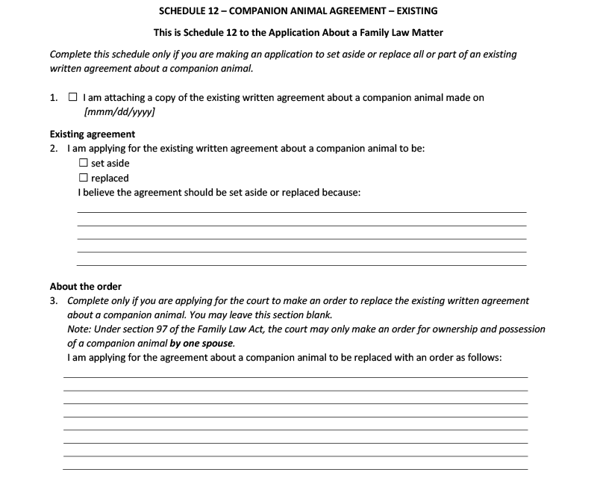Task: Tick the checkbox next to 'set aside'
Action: (84, 164)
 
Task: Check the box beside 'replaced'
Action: (84, 178)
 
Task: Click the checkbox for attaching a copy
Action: (72, 98)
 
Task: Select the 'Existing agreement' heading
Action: (93, 134)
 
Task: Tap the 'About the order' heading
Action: (86, 287)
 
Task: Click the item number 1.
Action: (54, 98)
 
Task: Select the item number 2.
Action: (54, 149)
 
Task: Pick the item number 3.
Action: (54, 301)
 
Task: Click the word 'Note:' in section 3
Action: (80, 329)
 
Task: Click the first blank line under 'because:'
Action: (301, 211)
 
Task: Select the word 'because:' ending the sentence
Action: (340, 193)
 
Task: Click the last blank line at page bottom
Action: (295, 468)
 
